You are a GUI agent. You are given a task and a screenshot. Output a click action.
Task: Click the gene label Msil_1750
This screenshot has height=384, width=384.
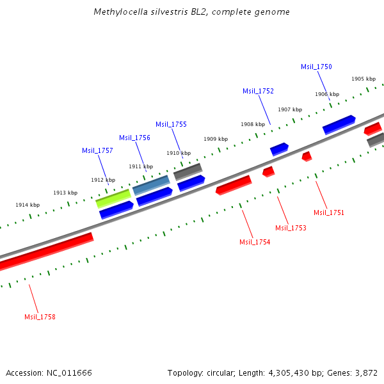316,67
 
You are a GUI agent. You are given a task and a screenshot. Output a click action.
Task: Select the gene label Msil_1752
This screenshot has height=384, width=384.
258,91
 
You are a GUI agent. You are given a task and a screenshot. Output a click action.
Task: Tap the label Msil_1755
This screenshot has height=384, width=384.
171,124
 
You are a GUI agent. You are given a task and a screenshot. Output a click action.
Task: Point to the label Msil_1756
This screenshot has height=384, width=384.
134,138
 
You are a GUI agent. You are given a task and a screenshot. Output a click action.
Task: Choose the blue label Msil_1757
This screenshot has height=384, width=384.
97,150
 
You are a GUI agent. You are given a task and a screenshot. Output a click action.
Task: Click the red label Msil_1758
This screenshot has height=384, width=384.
40,317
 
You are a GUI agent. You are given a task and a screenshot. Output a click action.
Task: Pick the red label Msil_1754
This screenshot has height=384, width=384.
255,242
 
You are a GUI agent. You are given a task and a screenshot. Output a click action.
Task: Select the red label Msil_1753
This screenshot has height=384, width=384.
291,228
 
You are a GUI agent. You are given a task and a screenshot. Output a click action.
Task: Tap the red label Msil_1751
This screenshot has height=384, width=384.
329,212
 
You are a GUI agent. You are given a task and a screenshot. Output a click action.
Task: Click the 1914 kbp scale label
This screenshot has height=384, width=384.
28,205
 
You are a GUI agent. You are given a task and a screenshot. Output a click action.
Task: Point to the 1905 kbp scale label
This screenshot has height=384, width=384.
363,79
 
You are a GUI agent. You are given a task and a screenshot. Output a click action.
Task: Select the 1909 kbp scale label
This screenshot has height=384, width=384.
216,139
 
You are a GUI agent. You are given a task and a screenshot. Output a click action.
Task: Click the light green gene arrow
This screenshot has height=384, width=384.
113,198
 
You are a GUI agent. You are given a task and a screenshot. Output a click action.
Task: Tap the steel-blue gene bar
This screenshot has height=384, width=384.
151,185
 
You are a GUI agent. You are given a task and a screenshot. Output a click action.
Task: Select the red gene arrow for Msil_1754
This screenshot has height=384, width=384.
234,185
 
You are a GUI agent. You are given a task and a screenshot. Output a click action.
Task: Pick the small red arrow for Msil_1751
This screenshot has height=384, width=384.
307,156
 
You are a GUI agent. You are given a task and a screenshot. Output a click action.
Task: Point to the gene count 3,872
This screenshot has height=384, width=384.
365,372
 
